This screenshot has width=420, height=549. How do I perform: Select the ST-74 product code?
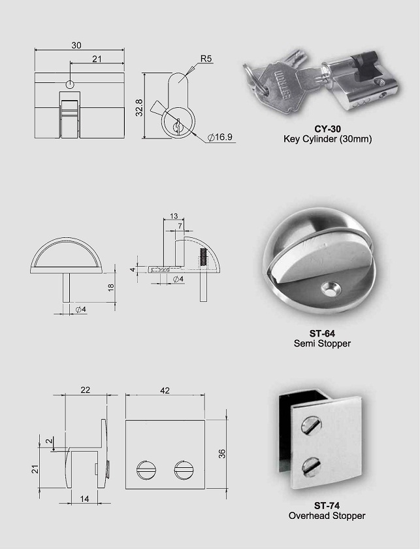coord(327,505)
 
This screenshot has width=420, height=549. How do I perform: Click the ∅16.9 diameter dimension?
coord(220,137)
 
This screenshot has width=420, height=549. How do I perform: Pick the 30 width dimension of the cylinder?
coord(77,45)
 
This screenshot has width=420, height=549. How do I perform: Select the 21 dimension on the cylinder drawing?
coord(97,59)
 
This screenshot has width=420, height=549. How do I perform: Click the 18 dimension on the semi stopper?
coord(110,287)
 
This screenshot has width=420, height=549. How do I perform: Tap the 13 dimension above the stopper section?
coord(174,216)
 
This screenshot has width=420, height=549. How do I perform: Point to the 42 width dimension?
coord(165,391)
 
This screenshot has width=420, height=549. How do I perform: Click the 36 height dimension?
coord(222,454)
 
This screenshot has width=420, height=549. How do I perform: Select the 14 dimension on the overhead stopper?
coord(85,498)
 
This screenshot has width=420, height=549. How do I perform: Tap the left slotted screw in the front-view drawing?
coord(144,469)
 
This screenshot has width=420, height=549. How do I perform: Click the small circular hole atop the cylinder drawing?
coord(71,84)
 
